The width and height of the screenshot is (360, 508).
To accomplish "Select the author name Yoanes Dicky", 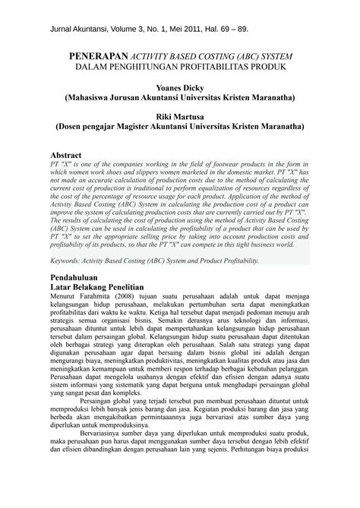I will pyautogui.click(x=179, y=87).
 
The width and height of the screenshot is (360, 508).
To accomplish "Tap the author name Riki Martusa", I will pyautogui.click(x=179, y=115).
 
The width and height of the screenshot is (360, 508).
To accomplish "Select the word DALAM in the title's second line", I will pyautogui.click(x=93, y=67).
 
